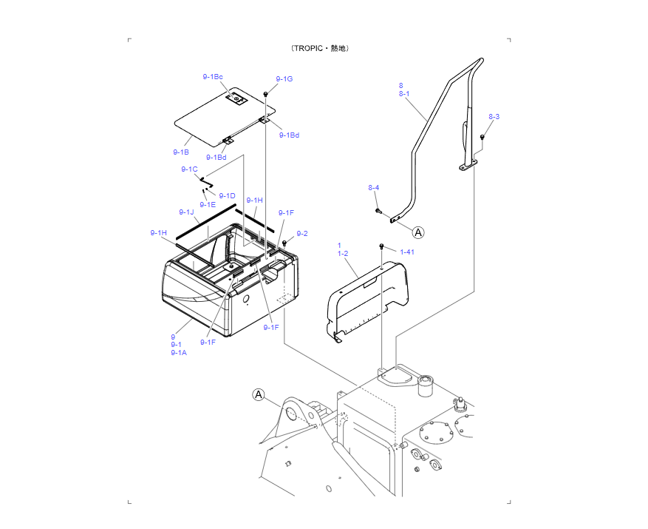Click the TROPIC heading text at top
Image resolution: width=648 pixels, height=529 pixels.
click(x=320, y=48)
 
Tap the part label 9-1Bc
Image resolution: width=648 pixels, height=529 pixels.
click(x=213, y=77)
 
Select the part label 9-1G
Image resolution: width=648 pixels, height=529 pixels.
click(x=284, y=79)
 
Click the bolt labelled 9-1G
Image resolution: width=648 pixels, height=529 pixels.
click(x=265, y=94)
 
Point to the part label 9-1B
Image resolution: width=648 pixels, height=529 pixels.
click(x=181, y=152)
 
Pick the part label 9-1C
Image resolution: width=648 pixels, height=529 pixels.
click(x=189, y=169)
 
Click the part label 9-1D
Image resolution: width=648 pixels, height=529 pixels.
click(x=227, y=195)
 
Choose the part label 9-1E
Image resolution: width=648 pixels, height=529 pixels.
click(x=208, y=205)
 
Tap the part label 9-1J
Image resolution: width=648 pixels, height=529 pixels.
click(x=186, y=212)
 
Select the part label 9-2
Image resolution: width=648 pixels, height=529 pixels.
click(x=302, y=234)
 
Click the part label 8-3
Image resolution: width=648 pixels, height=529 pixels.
click(x=494, y=117)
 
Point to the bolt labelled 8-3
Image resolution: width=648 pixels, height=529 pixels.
click(x=482, y=136)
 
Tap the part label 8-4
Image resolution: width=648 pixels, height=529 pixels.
click(x=374, y=188)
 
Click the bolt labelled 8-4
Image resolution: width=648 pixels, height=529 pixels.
click(x=377, y=211)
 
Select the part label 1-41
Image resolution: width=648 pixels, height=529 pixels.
click(x=407, y=252)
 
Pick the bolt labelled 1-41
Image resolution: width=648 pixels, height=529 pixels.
click(x=381, y=246)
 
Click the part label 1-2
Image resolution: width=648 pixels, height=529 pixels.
click(x=343, y=253)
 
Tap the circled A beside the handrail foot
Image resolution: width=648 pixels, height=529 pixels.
click(x=418, y=232)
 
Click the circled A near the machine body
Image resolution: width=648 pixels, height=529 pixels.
click(x=259, y=394)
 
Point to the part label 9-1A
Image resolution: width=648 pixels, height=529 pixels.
click(x=179, y=353)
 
